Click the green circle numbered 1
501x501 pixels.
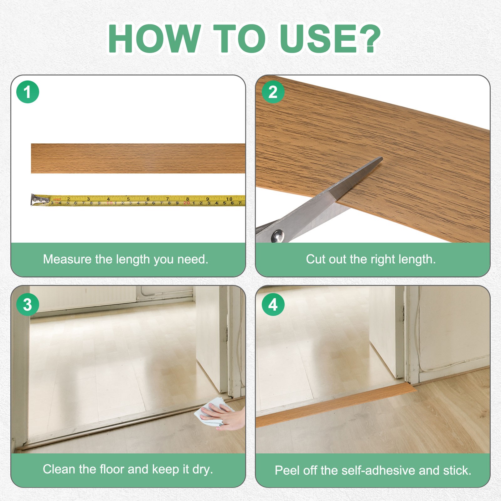click(28, 92)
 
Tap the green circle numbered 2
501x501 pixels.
click(273, 92)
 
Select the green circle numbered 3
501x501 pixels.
click(28, 304)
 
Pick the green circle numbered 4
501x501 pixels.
click(273, 304)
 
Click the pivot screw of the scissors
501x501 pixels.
click(277, 236)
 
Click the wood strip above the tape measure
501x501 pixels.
click(138, 158)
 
